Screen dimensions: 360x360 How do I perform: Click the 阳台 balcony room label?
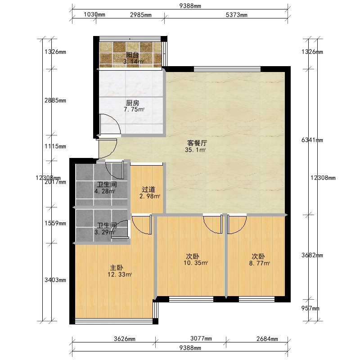[132, 55]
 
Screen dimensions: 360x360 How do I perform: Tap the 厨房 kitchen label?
[132, 103]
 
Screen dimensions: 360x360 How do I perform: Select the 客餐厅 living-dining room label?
[197, 143]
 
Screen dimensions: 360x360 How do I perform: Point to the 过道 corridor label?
[148, 189]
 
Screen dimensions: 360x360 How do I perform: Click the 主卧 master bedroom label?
[117, 268]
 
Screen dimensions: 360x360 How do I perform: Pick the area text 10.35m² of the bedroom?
[196, 263]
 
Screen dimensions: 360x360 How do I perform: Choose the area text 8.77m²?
[260, 263]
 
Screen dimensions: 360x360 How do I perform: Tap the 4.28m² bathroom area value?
[105, 191]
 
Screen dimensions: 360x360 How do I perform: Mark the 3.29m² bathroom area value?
[105, 232]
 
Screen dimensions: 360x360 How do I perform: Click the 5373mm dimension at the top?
[237, 15]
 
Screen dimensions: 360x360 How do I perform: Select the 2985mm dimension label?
[141, 15]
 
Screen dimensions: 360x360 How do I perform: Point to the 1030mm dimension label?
[94, 14]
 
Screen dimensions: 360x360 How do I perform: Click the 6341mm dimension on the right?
[312, 140]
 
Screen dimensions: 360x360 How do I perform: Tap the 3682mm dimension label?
[312, 255]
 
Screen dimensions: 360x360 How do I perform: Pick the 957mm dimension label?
[310, 308]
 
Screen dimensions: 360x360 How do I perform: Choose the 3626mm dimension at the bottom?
[125, 339]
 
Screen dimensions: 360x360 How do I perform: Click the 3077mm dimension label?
[201, 338]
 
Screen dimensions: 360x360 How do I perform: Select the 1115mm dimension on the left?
[55, 146]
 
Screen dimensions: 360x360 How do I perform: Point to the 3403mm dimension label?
[55, 280]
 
